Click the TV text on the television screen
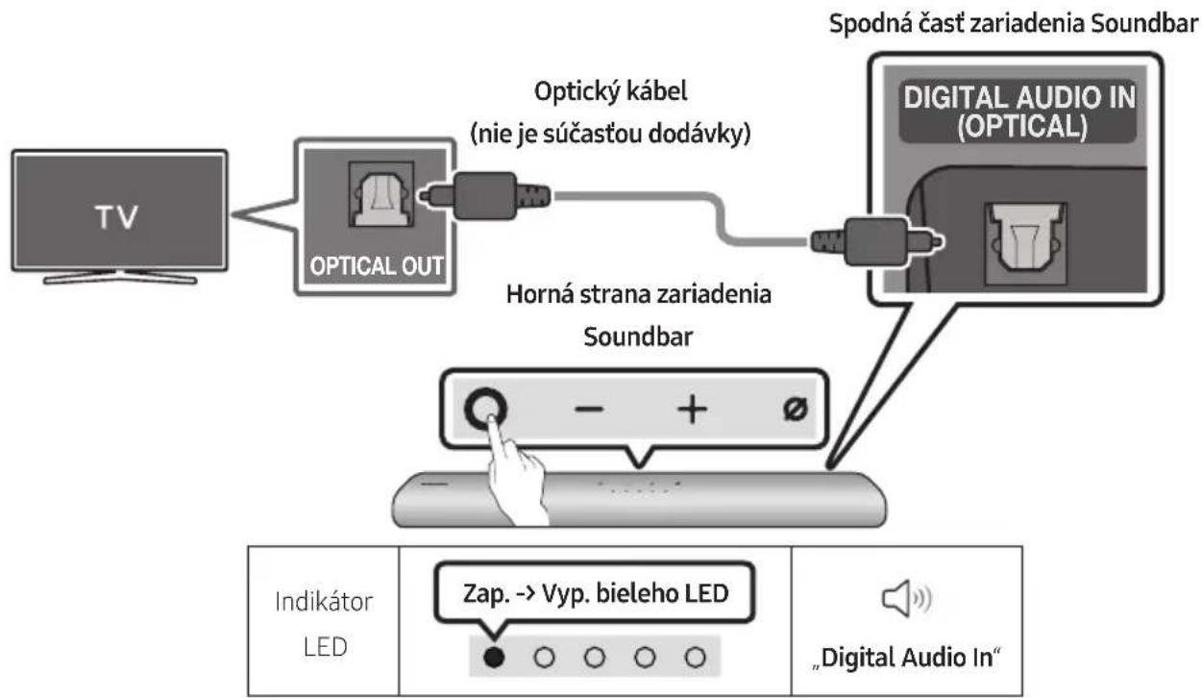(x=116, y=217)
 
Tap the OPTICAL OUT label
(x=376, y=265)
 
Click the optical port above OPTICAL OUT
(x=381, y=194)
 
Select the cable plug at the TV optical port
(x=484, y=196)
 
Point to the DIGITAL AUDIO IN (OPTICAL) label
(x=1019, y=112)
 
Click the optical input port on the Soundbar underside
(x=1025, y=244)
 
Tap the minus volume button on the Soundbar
(x=589, y=410)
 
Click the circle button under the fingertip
(x=485, y=408)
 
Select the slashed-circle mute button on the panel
(x=795, y=410)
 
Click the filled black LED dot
(x=494, y=657)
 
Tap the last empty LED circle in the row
(x=696, y=657)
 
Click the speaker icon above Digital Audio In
(x=907, y=598)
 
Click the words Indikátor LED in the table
(x=324, y=624)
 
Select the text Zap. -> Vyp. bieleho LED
(x=596, y=593)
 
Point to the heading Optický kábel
(x=611, y=91)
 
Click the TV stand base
(x=120, y=277)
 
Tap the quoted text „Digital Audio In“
(x=907, y=658)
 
